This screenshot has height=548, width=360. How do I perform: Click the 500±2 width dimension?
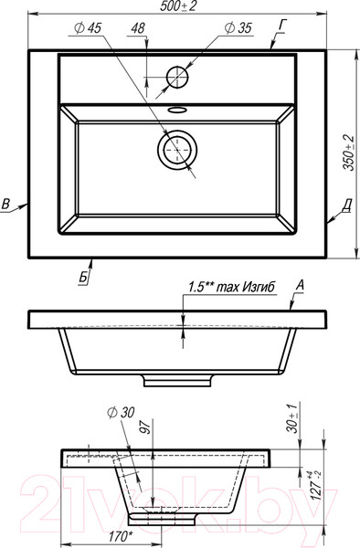[x=178, y=6]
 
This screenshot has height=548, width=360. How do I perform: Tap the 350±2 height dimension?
[x=348, y=153]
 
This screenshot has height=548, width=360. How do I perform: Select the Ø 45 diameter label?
[x=88, y=28]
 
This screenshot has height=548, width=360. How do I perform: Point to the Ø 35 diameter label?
[x=238, y=28]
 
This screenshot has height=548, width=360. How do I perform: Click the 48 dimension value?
[x=138, y=28]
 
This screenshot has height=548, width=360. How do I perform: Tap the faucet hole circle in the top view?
[x=177, y=78]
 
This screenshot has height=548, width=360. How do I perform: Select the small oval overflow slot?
[x=178, y=110]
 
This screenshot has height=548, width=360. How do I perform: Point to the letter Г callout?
[x=282, y=26]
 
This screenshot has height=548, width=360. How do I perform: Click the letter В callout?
[x=5, y=204]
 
